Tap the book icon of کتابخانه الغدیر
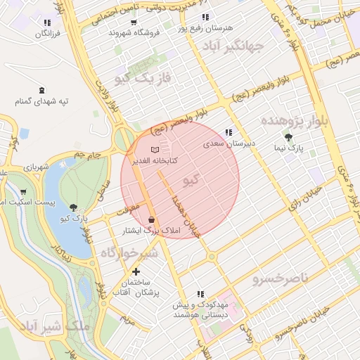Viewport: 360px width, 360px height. [155, 150]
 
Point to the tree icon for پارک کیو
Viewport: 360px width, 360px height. [74, 207]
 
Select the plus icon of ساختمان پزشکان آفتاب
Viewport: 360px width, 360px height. [136, 271]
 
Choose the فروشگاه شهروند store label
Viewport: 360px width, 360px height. [135, 32]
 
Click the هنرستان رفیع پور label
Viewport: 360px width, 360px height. [205, 27]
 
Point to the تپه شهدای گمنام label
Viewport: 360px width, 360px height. [44, 101]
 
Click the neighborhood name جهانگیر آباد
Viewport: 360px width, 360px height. [232, 46]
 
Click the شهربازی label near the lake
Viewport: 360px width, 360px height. [36, 168]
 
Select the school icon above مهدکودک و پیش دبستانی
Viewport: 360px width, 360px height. [200, 295]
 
